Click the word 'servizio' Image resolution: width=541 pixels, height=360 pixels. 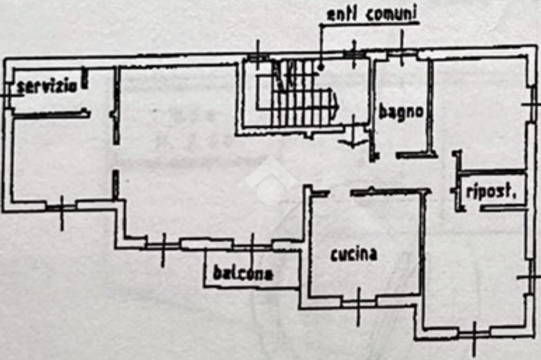(x=46, y=87)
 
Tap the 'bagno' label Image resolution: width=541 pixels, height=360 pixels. (x=401, y=112)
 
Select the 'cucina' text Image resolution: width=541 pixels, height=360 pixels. (x=354, y=254)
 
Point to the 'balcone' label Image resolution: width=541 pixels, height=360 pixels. (x=243, y=274)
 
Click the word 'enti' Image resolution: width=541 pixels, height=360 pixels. (x=341, y=14)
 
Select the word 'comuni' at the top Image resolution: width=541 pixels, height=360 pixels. (x=390, y=14)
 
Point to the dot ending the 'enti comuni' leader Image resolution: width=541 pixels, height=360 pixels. (x=321, y=67)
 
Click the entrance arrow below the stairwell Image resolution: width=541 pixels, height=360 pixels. (x=353, y=141)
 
